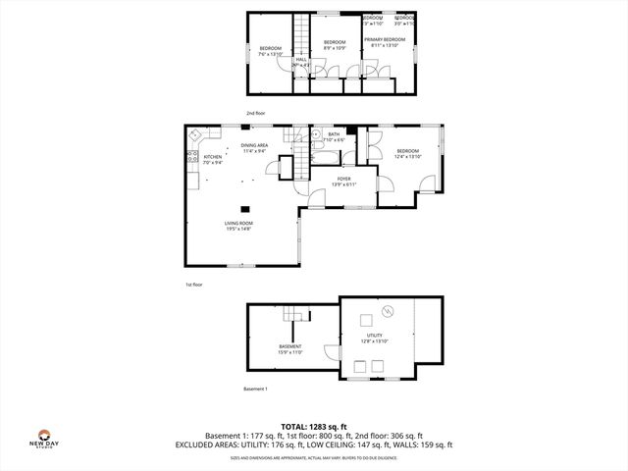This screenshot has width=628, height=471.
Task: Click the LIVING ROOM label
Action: coord(237,225)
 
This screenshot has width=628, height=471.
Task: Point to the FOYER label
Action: coord(343,181)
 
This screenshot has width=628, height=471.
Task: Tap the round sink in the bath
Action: coord(317,134)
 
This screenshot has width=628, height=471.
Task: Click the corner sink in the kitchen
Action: coord(195,134)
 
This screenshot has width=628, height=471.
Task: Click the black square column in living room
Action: coord(249,207)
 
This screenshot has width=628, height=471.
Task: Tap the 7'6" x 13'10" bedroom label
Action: coord(270,51)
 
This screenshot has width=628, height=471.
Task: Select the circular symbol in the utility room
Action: coord(387,311)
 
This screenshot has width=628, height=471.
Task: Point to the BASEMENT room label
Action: coord(290,348)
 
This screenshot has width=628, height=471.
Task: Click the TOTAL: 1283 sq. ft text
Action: coord(313,426)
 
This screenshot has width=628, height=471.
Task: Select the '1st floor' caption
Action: coord(193,285)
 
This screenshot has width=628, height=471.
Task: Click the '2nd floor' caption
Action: coord(255,113)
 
